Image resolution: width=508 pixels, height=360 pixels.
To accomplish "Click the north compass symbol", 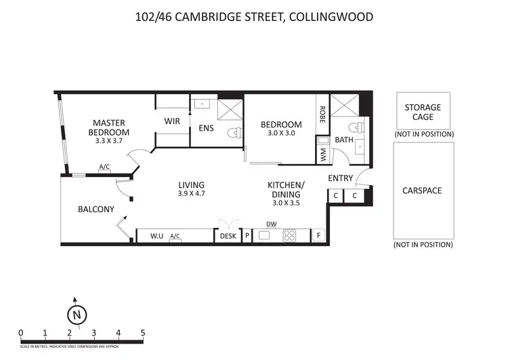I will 77,314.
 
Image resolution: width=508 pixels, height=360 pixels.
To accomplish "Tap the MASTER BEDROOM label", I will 111,127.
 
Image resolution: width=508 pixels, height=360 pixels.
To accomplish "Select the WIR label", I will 172,121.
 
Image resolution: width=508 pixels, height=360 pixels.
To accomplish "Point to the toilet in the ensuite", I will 234,132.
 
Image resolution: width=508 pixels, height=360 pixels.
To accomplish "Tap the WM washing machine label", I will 322,154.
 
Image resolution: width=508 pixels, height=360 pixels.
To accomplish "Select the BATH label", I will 344,140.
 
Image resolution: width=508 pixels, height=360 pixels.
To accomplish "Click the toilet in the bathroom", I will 354,127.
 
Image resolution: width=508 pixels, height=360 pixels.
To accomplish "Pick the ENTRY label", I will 340,178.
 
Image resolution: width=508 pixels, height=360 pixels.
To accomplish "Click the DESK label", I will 227,236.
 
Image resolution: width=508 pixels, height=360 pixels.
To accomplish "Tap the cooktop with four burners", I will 290,236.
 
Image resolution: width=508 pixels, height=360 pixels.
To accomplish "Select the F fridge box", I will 318,236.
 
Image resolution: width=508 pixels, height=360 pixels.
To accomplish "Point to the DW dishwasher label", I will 272,224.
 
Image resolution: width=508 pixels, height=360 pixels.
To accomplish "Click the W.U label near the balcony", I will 156,236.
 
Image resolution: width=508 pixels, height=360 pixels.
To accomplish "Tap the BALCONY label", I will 96,209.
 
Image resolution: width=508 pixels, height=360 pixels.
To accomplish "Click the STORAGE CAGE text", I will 423,112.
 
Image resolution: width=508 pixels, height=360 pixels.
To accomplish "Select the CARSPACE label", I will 423,191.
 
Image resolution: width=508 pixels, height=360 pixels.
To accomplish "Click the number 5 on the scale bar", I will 142,332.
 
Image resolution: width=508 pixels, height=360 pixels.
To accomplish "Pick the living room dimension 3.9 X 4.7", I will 192,194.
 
